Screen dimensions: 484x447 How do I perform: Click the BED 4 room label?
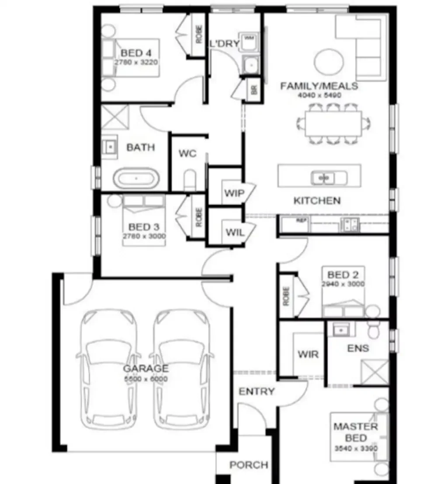coord(136,53)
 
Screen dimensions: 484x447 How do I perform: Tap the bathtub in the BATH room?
coord(135,178)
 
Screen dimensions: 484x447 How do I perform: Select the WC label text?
coord(187,154)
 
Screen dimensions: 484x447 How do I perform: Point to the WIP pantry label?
coord(234,193)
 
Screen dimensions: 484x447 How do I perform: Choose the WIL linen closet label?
coord(234,232)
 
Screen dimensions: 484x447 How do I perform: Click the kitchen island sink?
coord(323,178)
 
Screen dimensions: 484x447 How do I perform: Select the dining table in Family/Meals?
coord(333,124)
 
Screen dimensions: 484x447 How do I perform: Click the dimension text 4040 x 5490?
coord(319,95)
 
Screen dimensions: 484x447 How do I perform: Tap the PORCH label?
coord(249,465)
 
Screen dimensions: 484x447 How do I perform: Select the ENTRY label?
coord(256,391)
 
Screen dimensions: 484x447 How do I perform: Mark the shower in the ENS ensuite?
coord(374,372)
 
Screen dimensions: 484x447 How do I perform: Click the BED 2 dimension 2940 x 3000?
coord(343,284)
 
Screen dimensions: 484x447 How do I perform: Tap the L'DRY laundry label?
coord(224,44)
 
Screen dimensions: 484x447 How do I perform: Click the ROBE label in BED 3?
coord(199,217)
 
